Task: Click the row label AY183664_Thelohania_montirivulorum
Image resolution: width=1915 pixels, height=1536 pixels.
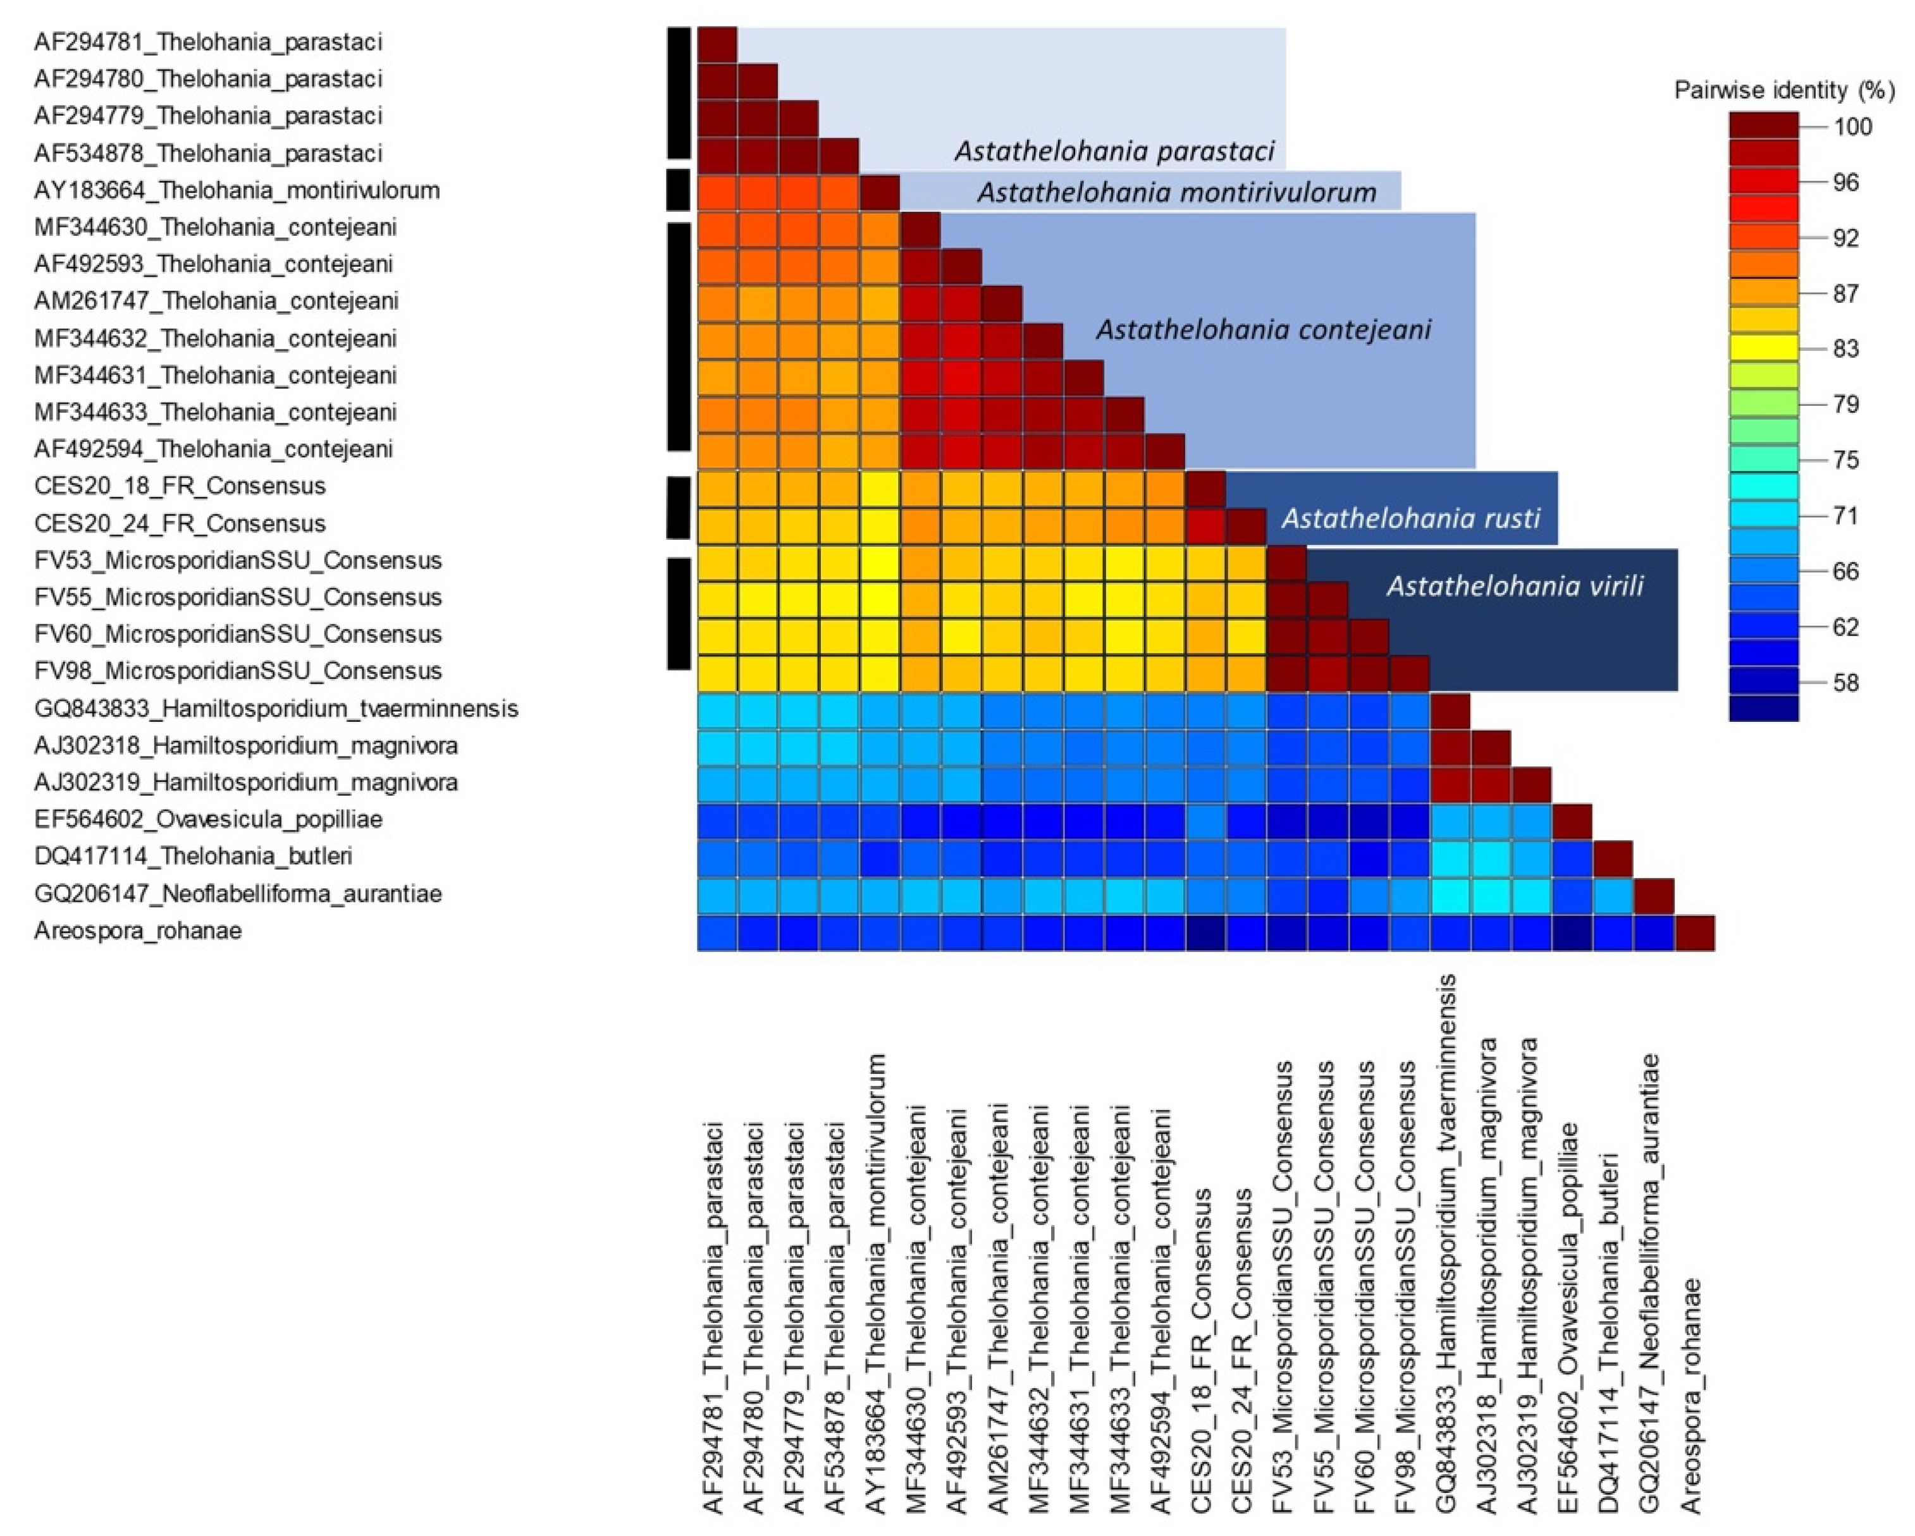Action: (x=237, y=191)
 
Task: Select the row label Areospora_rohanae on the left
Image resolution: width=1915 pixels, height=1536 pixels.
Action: (x=138, y=931)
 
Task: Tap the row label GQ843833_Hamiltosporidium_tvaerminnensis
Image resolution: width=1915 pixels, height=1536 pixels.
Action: (x=276, y=709)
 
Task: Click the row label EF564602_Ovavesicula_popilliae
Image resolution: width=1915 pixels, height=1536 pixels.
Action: (x=208, y=819)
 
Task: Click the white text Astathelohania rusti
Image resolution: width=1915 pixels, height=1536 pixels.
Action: (x=1410, y=518)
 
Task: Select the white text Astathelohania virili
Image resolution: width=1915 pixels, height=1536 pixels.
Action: (x=1515, y=586)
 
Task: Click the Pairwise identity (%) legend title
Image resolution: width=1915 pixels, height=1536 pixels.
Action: (x=1783, y=90)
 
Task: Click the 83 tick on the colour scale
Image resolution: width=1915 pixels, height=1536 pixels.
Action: (x=1845, y=349)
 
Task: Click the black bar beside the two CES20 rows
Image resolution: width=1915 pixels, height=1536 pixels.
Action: (x=679, y=507)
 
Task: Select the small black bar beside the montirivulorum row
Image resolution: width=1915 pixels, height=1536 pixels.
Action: (x=679, y=189)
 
